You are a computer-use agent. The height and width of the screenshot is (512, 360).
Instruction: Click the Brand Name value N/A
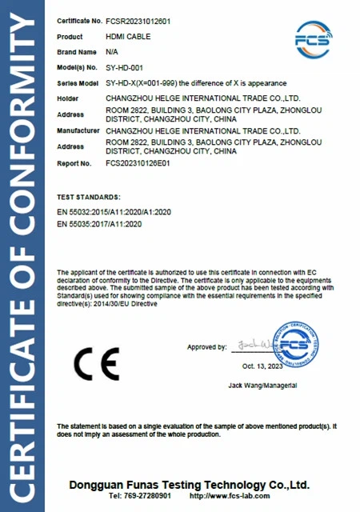pos(111,51)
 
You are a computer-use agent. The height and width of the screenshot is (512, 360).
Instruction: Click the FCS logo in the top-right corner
pos(314,37)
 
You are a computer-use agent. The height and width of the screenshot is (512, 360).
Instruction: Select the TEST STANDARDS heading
pos(89,196)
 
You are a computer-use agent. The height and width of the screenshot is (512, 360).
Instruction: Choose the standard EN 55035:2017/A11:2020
pos(99,225)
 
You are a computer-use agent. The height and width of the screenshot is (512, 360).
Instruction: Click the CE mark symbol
pos(96,362)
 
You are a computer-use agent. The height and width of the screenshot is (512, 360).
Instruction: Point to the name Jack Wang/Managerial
pos(263,386)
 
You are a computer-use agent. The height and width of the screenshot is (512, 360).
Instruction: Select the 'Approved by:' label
pos(207,347)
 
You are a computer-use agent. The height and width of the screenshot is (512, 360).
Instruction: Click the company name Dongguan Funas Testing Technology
pos(190,485)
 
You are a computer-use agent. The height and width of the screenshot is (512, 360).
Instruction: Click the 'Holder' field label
pos(69,99)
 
